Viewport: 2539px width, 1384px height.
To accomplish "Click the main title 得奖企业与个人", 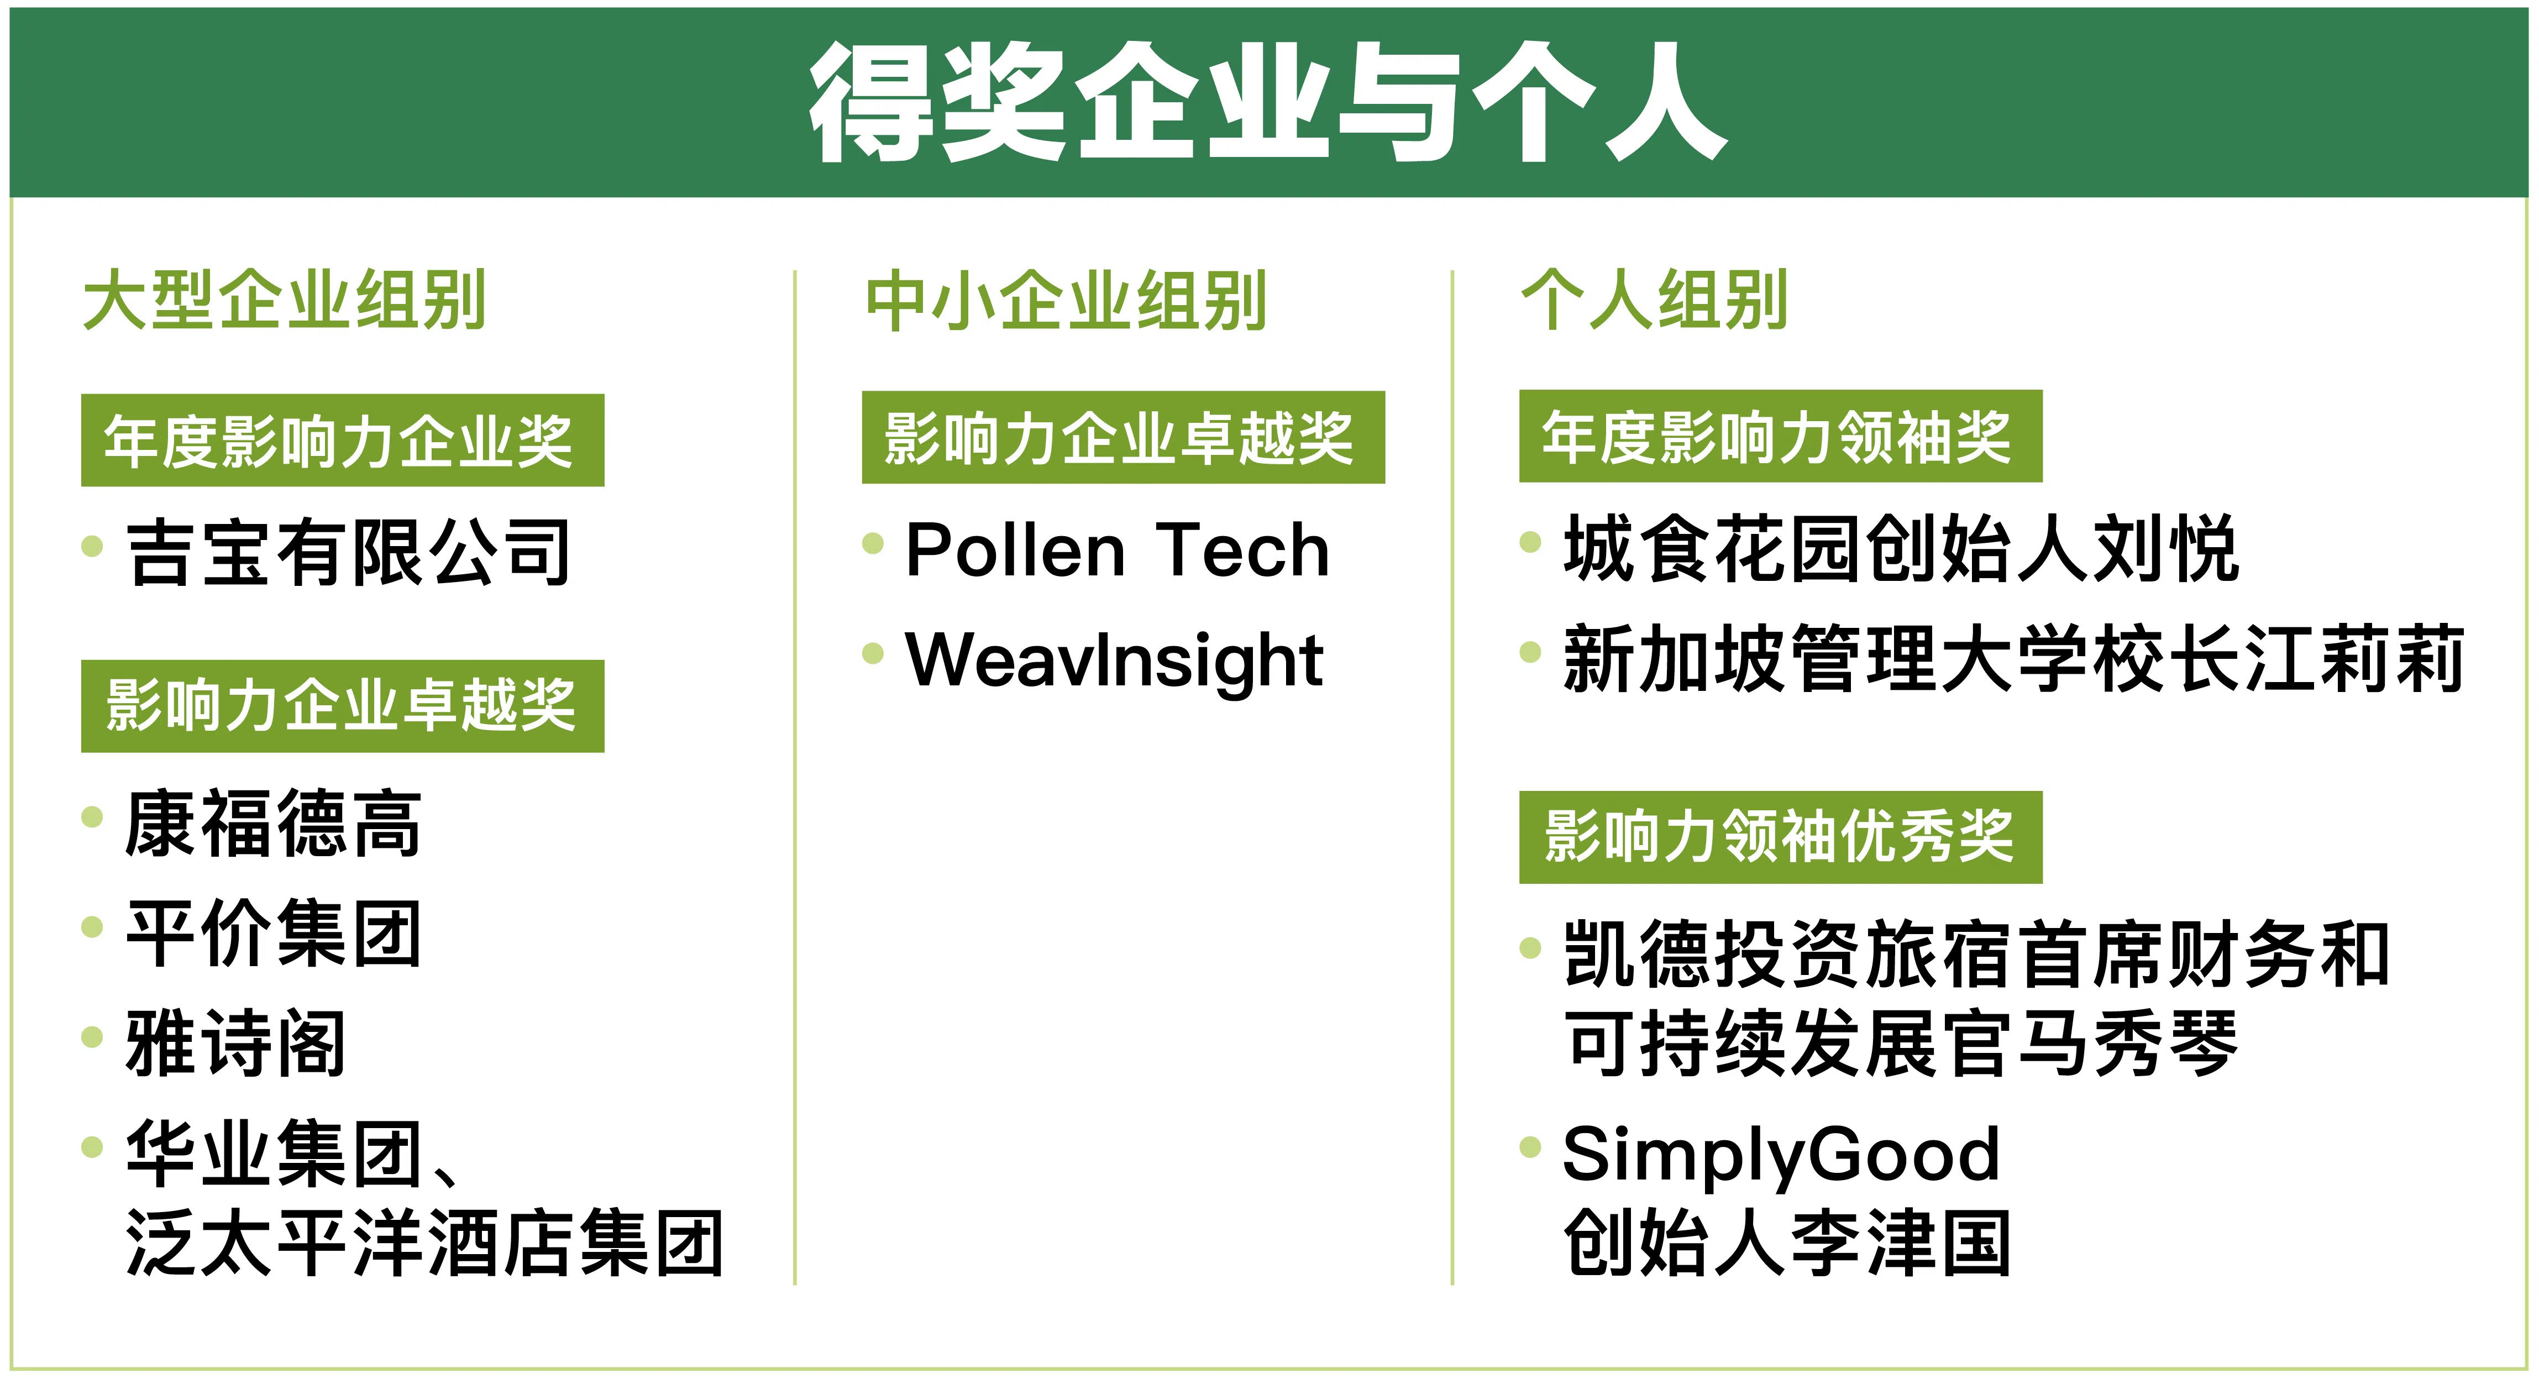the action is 1267,102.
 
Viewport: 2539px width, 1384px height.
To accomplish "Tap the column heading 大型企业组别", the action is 285,300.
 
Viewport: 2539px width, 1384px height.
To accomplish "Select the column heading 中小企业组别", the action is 1066,300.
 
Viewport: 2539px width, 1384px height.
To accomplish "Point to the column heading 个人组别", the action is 1654,300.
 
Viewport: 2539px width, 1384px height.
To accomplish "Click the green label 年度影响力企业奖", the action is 342,439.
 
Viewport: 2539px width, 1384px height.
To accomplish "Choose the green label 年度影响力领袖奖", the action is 1780,436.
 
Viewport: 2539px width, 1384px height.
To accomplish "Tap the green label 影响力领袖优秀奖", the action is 1780,837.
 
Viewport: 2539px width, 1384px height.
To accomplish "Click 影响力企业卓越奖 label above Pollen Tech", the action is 1122,437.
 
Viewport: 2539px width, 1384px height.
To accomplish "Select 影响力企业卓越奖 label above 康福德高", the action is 342,706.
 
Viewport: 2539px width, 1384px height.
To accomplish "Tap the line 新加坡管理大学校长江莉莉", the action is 2013,658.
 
